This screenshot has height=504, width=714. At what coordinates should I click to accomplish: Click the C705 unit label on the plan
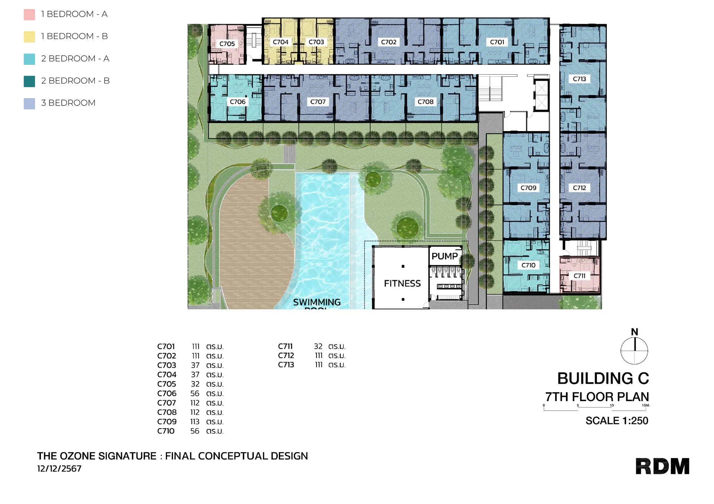pos(227,44)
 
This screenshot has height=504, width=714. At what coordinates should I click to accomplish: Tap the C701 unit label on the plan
pos(497,42)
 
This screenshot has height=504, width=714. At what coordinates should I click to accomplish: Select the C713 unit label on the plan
pos(579,79)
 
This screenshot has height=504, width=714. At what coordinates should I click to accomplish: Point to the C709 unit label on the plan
pos(528,188)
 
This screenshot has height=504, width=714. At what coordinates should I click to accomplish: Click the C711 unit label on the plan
pos(579,276)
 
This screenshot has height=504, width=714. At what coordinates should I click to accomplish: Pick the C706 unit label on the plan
pos(237,102)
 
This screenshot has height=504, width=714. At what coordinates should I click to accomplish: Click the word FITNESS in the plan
pos(402,283)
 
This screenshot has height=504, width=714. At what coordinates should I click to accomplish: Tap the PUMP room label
pos(444,256)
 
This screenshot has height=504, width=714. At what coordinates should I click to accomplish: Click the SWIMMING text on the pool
pos(316,302)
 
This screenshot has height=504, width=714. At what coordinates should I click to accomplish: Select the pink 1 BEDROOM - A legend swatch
pos(29,14)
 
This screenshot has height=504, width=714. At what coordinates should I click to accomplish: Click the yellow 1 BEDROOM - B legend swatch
pos(29,37)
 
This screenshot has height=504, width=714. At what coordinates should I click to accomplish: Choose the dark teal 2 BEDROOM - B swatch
pos(29,81)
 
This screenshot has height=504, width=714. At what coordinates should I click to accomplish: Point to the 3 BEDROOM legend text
pos(68,103)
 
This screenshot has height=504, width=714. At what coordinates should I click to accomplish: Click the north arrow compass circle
pos(634,351)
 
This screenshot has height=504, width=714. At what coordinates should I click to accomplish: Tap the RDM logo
pos(662,466)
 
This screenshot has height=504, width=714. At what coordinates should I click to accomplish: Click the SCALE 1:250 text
pos(617,421)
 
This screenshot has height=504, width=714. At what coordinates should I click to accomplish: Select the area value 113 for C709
pos(195,422)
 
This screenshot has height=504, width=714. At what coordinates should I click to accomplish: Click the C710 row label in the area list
pos(166,431)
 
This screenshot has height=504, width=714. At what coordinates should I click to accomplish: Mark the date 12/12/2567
pos(59,469)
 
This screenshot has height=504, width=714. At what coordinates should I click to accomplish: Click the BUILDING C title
pos(603,378)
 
